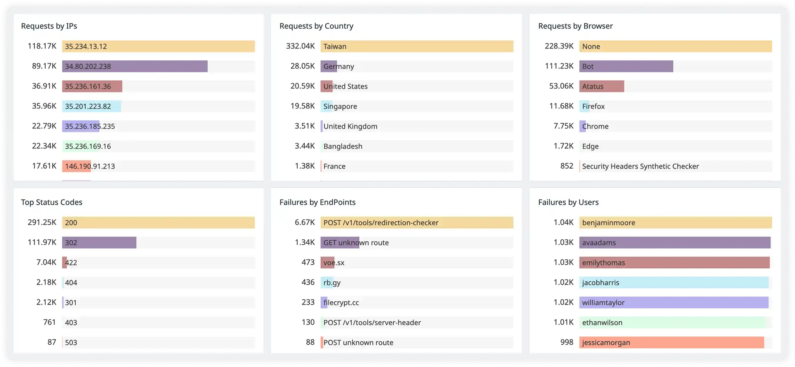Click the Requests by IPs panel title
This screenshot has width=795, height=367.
point(49,26)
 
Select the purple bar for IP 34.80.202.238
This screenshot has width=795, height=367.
point(135,66)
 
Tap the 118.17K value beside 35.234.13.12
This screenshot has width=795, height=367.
point(42,46)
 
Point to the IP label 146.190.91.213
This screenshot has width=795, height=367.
point(90,166)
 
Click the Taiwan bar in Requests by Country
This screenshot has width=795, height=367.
point(417,46)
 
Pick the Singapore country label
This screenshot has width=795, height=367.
point(340,106)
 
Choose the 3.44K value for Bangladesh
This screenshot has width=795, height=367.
point(305,146)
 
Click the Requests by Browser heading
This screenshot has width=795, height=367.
point(575,26)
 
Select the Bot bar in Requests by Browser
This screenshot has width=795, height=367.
point(626,66)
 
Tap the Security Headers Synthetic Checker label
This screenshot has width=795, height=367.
point(640,166)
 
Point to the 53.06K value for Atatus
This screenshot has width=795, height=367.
point(561,86)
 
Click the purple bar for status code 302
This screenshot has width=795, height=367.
point(99,242)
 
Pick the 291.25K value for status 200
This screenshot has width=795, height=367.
point(42,222)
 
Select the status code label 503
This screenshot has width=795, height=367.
point(71,342)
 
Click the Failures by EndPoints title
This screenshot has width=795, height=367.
point(317,202)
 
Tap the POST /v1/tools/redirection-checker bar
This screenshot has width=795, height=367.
point(417,222)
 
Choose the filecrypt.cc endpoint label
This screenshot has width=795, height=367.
point(341,302)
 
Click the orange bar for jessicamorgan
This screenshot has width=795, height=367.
point(672,342)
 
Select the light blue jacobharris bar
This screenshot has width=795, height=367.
point(674,282)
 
